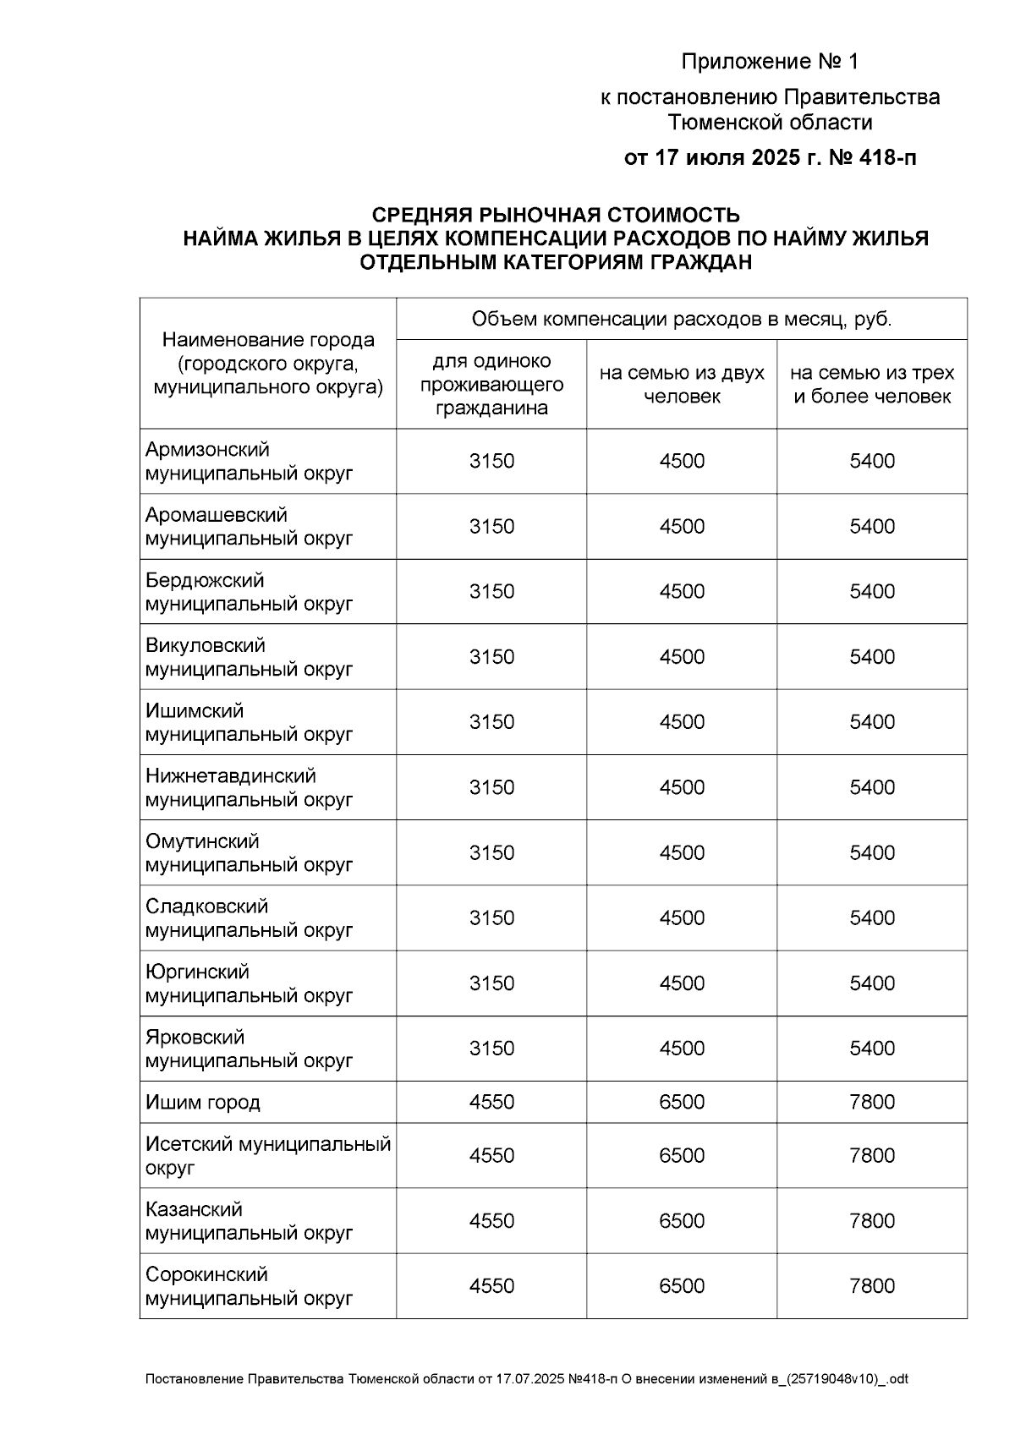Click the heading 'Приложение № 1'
769,62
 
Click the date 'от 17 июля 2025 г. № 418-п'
769,158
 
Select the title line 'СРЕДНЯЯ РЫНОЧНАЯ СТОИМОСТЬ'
556,215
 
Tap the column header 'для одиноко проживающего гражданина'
491,385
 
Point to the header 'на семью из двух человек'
682,385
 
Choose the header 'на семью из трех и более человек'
872,385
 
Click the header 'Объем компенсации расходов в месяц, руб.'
682,320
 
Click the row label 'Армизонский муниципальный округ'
249,461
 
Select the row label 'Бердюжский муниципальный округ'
249,592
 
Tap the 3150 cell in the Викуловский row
491,657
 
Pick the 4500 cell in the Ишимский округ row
682,722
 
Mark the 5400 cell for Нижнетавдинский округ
872,787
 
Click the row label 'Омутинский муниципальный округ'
249,852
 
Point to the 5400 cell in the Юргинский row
872,983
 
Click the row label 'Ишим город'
203,1103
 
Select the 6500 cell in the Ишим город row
682,1102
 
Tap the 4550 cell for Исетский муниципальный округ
491,1155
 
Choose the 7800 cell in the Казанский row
872,1220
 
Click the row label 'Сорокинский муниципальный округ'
249,1285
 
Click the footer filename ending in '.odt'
526,1379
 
